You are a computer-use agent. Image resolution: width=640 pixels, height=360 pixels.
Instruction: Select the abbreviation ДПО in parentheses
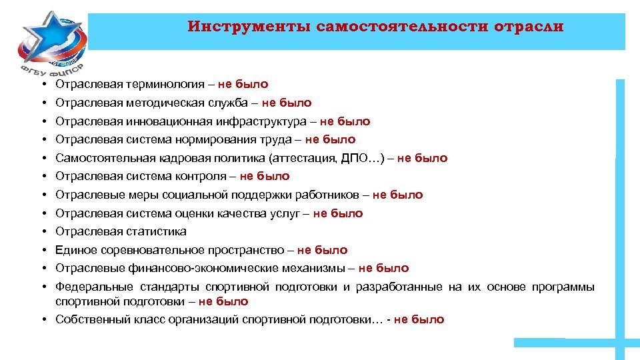[356, 158]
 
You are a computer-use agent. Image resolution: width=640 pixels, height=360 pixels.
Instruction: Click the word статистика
[156, 231]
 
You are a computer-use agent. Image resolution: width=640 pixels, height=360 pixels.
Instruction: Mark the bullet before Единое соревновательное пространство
[41, 250]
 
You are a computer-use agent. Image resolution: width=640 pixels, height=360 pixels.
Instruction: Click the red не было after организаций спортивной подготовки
[419, 319]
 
